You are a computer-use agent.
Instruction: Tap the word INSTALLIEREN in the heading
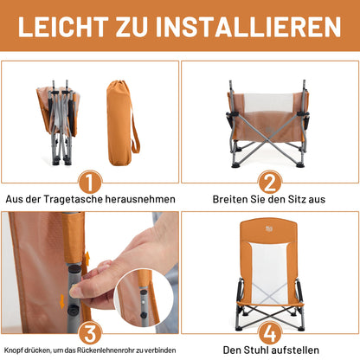click(248, 27)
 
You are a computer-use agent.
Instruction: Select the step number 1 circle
click(90, 183)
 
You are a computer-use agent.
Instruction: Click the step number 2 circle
click(270, 183)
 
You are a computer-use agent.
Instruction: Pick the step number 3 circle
click(90, 333)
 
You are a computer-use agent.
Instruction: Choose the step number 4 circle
click(270, 333)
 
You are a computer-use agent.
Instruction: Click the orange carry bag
click(122, 123)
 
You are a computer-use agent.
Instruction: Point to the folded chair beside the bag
click(58, 122)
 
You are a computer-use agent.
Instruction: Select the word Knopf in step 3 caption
click(13, 350)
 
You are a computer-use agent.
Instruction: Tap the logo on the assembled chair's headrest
click(269, 229)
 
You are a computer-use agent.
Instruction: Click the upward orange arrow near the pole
click(87, 258)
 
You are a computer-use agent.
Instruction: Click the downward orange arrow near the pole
click(62, 302)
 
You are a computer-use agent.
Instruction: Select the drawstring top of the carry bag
click(119, 86)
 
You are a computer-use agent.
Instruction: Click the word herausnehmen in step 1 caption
click(140, 199)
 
